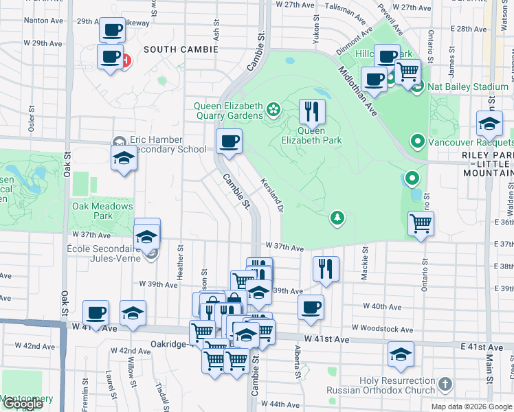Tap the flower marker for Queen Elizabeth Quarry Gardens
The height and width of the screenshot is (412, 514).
[273, 109]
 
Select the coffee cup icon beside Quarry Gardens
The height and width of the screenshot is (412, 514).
[230, 141]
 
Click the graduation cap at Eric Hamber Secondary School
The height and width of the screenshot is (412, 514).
[124, 157]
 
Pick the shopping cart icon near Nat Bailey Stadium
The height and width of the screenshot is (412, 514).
[408, 70]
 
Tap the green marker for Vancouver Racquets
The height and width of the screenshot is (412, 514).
[416, 141]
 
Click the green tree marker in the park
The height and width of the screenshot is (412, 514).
[337, 218]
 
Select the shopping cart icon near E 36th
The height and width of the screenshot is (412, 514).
[421, 223]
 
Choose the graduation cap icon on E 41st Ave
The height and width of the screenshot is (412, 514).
[401, 354]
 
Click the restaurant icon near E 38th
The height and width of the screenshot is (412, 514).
[326, 268]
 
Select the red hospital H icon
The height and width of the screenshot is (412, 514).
[126, 61]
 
